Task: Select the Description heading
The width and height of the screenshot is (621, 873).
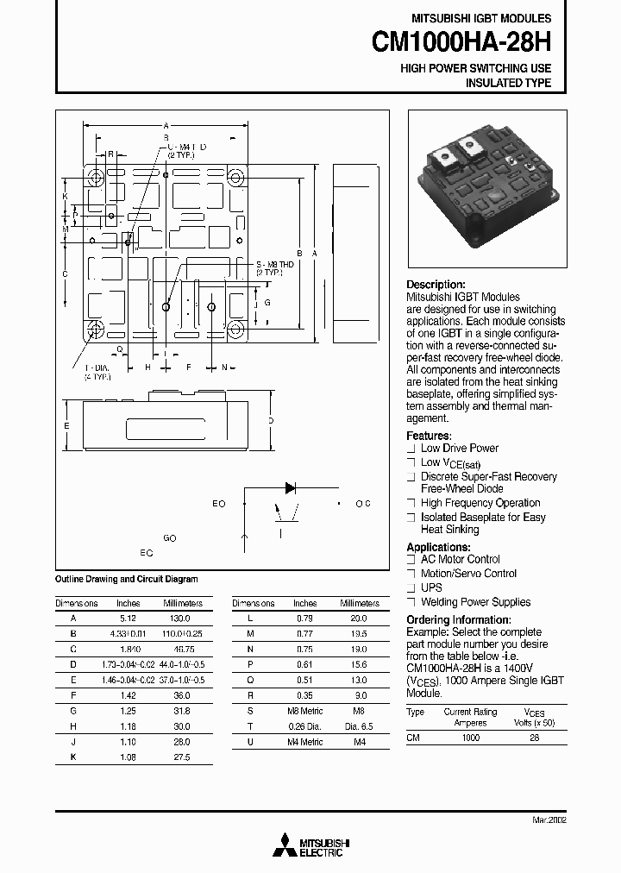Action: point(436,285)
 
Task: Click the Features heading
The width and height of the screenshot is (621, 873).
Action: point(429,436)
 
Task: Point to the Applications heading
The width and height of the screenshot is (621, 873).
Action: point(438,547)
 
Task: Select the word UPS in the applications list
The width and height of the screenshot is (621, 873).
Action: point(431,587)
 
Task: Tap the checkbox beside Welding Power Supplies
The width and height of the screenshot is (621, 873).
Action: point(411,602)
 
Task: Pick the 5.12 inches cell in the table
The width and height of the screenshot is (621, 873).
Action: point(128,619)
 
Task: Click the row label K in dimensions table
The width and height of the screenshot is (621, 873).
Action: point(74,757)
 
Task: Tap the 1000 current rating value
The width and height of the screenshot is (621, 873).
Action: point(470,739)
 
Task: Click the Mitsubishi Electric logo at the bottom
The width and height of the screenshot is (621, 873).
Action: point(310,847)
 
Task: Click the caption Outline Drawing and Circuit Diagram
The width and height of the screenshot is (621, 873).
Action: point(126,580)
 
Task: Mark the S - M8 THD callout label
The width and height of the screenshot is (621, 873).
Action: point(274,264)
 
